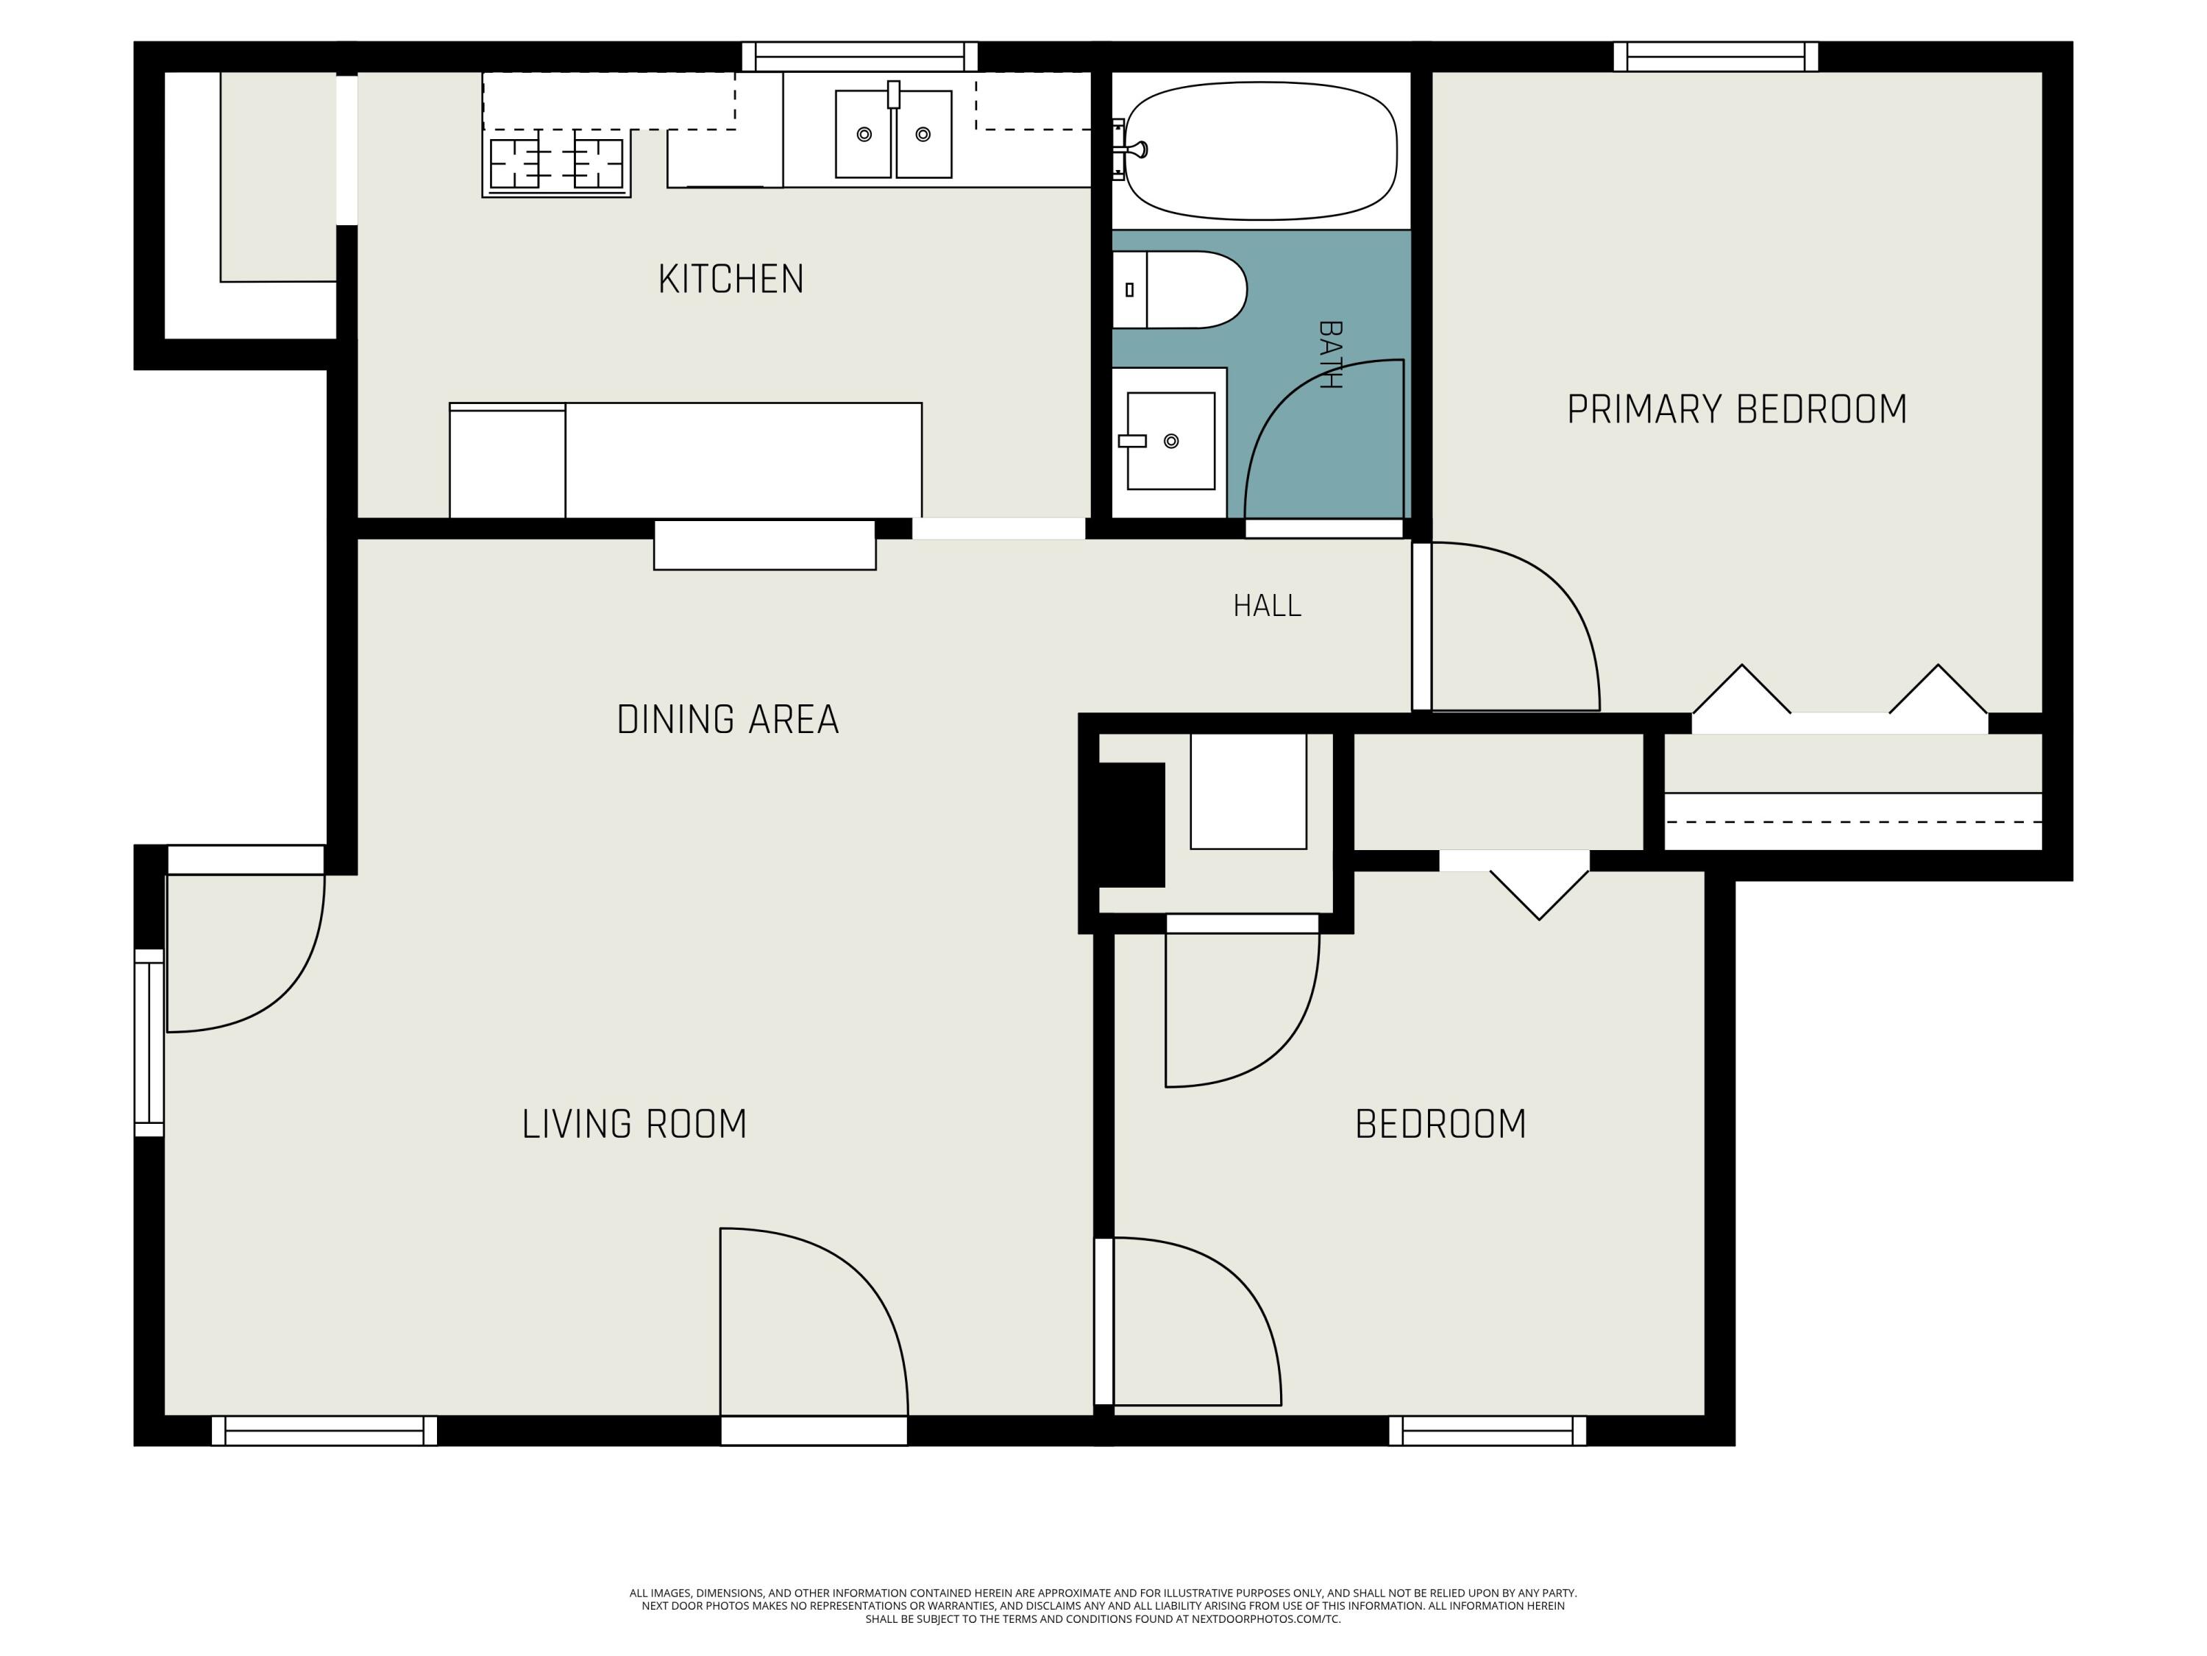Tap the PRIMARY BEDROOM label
pyautogui.click(x=1737, y=410)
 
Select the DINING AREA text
pyautogui.click(x=728, y=720)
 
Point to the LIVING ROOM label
pyautogui.click(x=635, y=1124)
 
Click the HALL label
pyautogui.click(x=1267, y=606)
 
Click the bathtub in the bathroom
pyautogui.click(x=1260, y=151)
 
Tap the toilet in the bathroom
pyautogui.click(x=1179, y=289)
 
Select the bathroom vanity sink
pyautogui.click(x=1170, y=440)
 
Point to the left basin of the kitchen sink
pyautogui.click(x=863, y=134)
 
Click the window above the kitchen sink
pyautogui.click(x=859, y=57)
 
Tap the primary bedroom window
pyautogui.click(x=1716, y=57)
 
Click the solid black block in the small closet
pyautogui.click(x=1131, y=824)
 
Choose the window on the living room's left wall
pyautogui.click(x=149, y=1043)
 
